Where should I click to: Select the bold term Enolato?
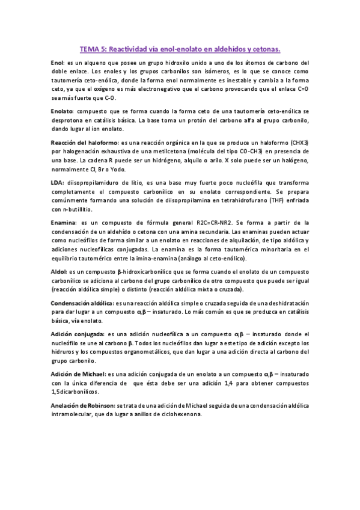[62, 111]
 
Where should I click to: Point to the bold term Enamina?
[63, 222]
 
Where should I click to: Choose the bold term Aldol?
[59, 272]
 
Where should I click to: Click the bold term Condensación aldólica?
[82, 303]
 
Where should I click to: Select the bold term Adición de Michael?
[78, 373]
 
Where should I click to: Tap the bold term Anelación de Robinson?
[84, 404]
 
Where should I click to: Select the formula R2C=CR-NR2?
[218, 222]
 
